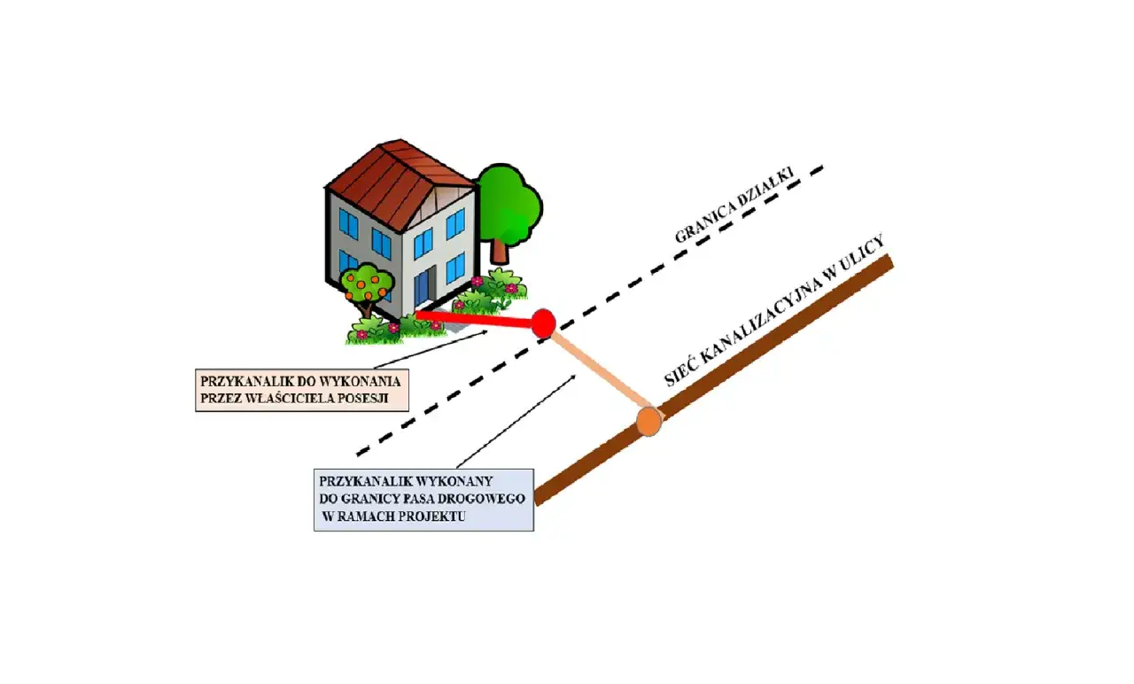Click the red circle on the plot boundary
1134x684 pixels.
(x=542, y=322)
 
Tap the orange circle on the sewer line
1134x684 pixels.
(x=650, y=420)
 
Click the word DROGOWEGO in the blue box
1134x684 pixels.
(x=486, y=499)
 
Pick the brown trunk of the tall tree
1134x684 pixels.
(x=498, y=252)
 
